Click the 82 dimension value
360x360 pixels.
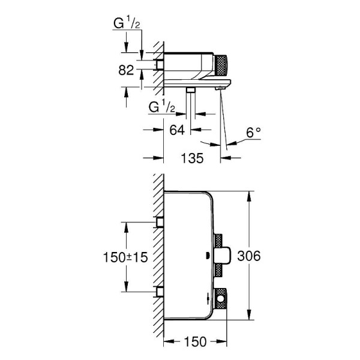click(x=126, y=70)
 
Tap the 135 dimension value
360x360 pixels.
click(x=192, y=158)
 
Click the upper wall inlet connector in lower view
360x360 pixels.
click(x=160, y=223)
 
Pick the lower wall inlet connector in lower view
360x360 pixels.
click(x=160, y=292)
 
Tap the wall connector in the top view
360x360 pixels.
click(x=160, y=64)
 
